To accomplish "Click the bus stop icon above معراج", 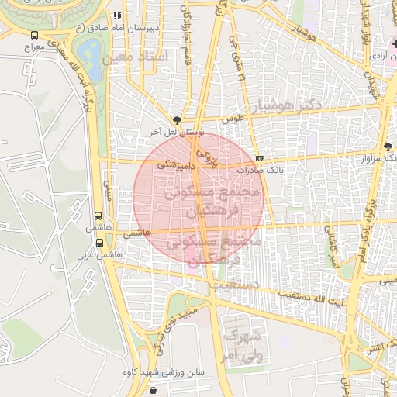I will pyautogui.click(x=34, y=35).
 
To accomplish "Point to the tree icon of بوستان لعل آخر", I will pyautogui.click(x=178, y=120).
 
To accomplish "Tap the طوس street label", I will pyautogui.click(x=233, y=119).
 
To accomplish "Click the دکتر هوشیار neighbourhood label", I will pyautogui.click(x=297, y=104).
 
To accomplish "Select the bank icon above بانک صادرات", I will pyautogui.click(x=260, y=155).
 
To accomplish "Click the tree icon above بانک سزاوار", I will pyautogui.click(x=388, y=147).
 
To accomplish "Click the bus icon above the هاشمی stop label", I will pyautogui.click(x=98, y=217).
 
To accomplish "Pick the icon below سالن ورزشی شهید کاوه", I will pyautogui.click(x=163, y=386).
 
